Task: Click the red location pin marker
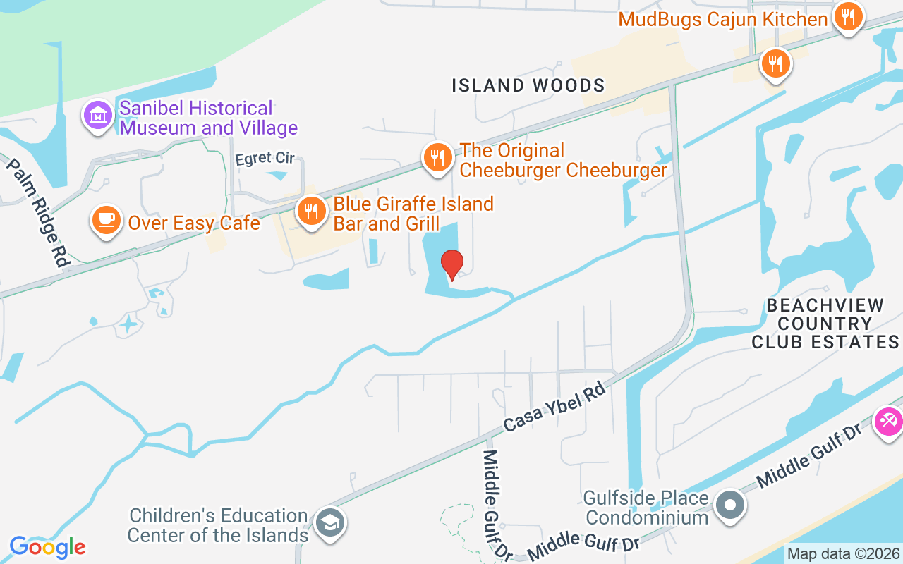451,265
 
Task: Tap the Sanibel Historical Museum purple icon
98,116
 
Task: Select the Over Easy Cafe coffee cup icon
106,221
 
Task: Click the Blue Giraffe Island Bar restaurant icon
310,211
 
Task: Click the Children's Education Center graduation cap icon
329,522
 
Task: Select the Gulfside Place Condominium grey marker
730,506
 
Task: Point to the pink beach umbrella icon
887,422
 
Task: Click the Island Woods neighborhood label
528,86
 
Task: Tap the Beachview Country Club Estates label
825,324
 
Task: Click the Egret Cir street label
265,159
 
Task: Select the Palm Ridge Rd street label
40,211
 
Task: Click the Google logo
47,546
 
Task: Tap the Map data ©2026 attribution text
844,553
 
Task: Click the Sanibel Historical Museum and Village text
208,118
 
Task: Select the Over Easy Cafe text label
194,223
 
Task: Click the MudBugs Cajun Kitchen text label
722,19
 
